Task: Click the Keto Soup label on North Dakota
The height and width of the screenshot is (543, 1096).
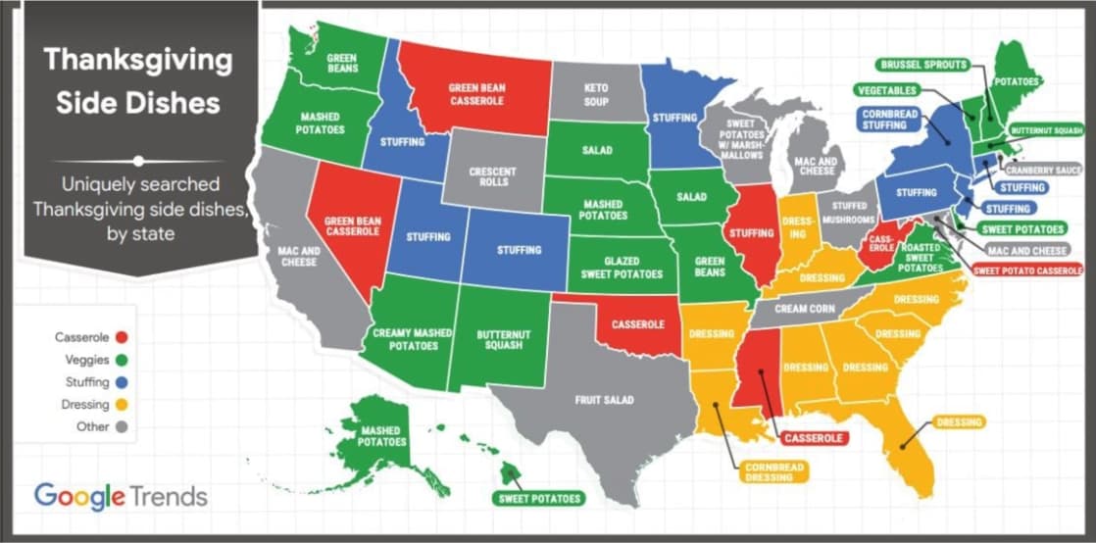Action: [596, 94]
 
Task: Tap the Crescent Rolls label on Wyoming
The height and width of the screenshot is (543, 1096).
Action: [492, 177]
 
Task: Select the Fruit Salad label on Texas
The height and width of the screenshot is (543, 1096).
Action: [604, 400]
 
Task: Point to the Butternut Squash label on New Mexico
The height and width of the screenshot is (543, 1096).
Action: [504, 340]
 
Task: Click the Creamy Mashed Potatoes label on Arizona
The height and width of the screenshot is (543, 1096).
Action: [412, 339]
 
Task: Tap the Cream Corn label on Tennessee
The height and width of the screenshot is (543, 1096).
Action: [804, 309]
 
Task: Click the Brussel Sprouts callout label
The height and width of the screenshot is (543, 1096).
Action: [922, 65]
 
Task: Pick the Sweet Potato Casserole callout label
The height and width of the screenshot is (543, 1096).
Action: [1027, 270]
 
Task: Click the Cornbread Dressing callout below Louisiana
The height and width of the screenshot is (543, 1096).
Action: [773, 472]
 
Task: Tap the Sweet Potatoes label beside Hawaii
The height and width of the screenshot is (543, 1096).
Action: [538, 498]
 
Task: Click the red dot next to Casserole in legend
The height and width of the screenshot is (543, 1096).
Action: [121, 337]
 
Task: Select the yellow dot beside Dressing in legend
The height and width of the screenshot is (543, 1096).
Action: [121, 404]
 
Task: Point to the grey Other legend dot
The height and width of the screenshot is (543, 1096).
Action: [121, 426]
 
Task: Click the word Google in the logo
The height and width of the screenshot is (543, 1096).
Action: [80, 495]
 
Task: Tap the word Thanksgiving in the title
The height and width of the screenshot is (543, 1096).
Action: [138, 60]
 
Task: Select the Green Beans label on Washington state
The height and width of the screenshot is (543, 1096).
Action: [341, 63]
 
